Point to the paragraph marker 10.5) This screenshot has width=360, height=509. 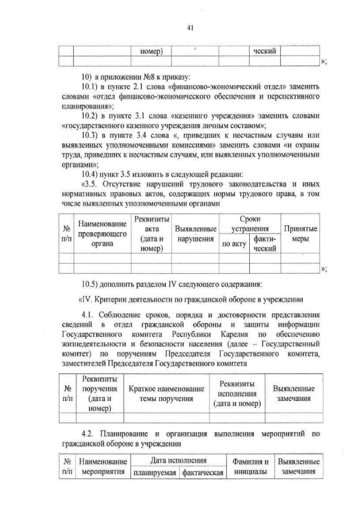click(x=92, y=282)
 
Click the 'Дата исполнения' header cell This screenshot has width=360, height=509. click(x=178, y=461)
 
